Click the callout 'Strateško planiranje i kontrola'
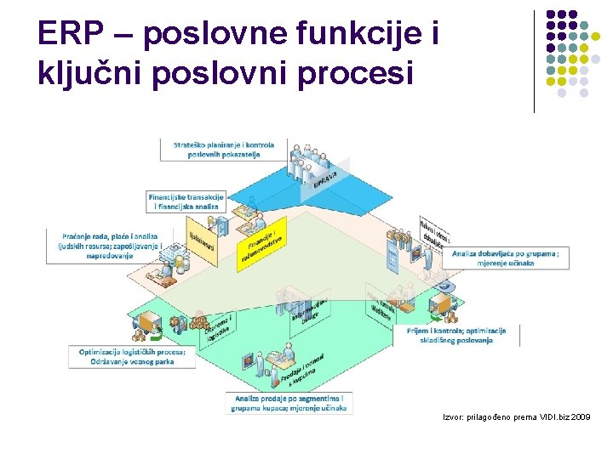(224, 150)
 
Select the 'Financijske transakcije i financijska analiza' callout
(186, 201)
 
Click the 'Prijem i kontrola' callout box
(456, 335)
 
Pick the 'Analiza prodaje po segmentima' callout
(288, 403)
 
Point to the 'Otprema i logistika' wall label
(218, 327)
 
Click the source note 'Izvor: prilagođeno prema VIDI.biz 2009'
(515, 417)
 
